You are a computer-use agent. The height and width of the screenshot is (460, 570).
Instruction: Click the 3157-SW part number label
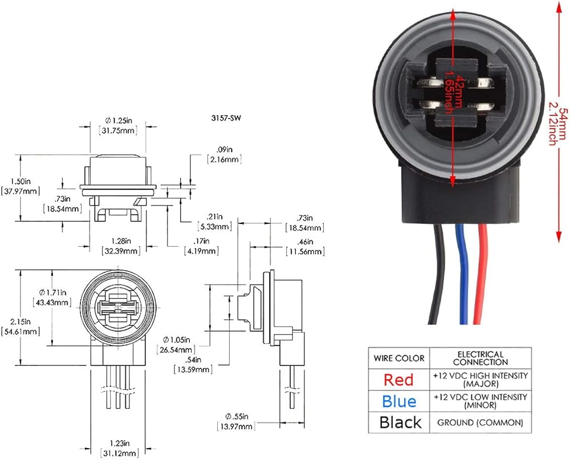point(226,118)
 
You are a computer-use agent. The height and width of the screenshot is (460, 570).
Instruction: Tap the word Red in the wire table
point(398,380)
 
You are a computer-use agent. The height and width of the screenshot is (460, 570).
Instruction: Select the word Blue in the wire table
point(399,401)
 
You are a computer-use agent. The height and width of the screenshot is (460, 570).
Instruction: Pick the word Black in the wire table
point(400,422)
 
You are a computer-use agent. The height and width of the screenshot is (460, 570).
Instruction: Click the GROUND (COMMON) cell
point(480,422)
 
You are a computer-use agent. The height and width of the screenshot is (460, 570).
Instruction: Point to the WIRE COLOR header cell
point(399,358)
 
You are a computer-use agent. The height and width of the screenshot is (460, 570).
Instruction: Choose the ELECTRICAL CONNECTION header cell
point(480,358)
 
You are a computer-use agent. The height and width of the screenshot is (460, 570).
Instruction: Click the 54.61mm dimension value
point(21,332)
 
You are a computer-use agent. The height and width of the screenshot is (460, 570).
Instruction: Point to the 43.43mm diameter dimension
point(52,302)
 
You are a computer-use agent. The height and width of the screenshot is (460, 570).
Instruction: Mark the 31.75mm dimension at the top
point(119,130)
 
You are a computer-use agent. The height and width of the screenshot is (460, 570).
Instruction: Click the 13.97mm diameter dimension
point(236,426)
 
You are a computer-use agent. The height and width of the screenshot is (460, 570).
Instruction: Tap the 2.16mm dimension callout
point(224,159)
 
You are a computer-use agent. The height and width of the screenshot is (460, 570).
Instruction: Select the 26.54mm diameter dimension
point(176,350)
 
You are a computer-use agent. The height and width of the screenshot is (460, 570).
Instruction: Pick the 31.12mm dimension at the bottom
point(120,453)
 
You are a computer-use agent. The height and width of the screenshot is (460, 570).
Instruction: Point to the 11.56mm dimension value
point(305,251)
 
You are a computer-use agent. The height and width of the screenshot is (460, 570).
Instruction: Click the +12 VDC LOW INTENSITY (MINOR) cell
point(480,401)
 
